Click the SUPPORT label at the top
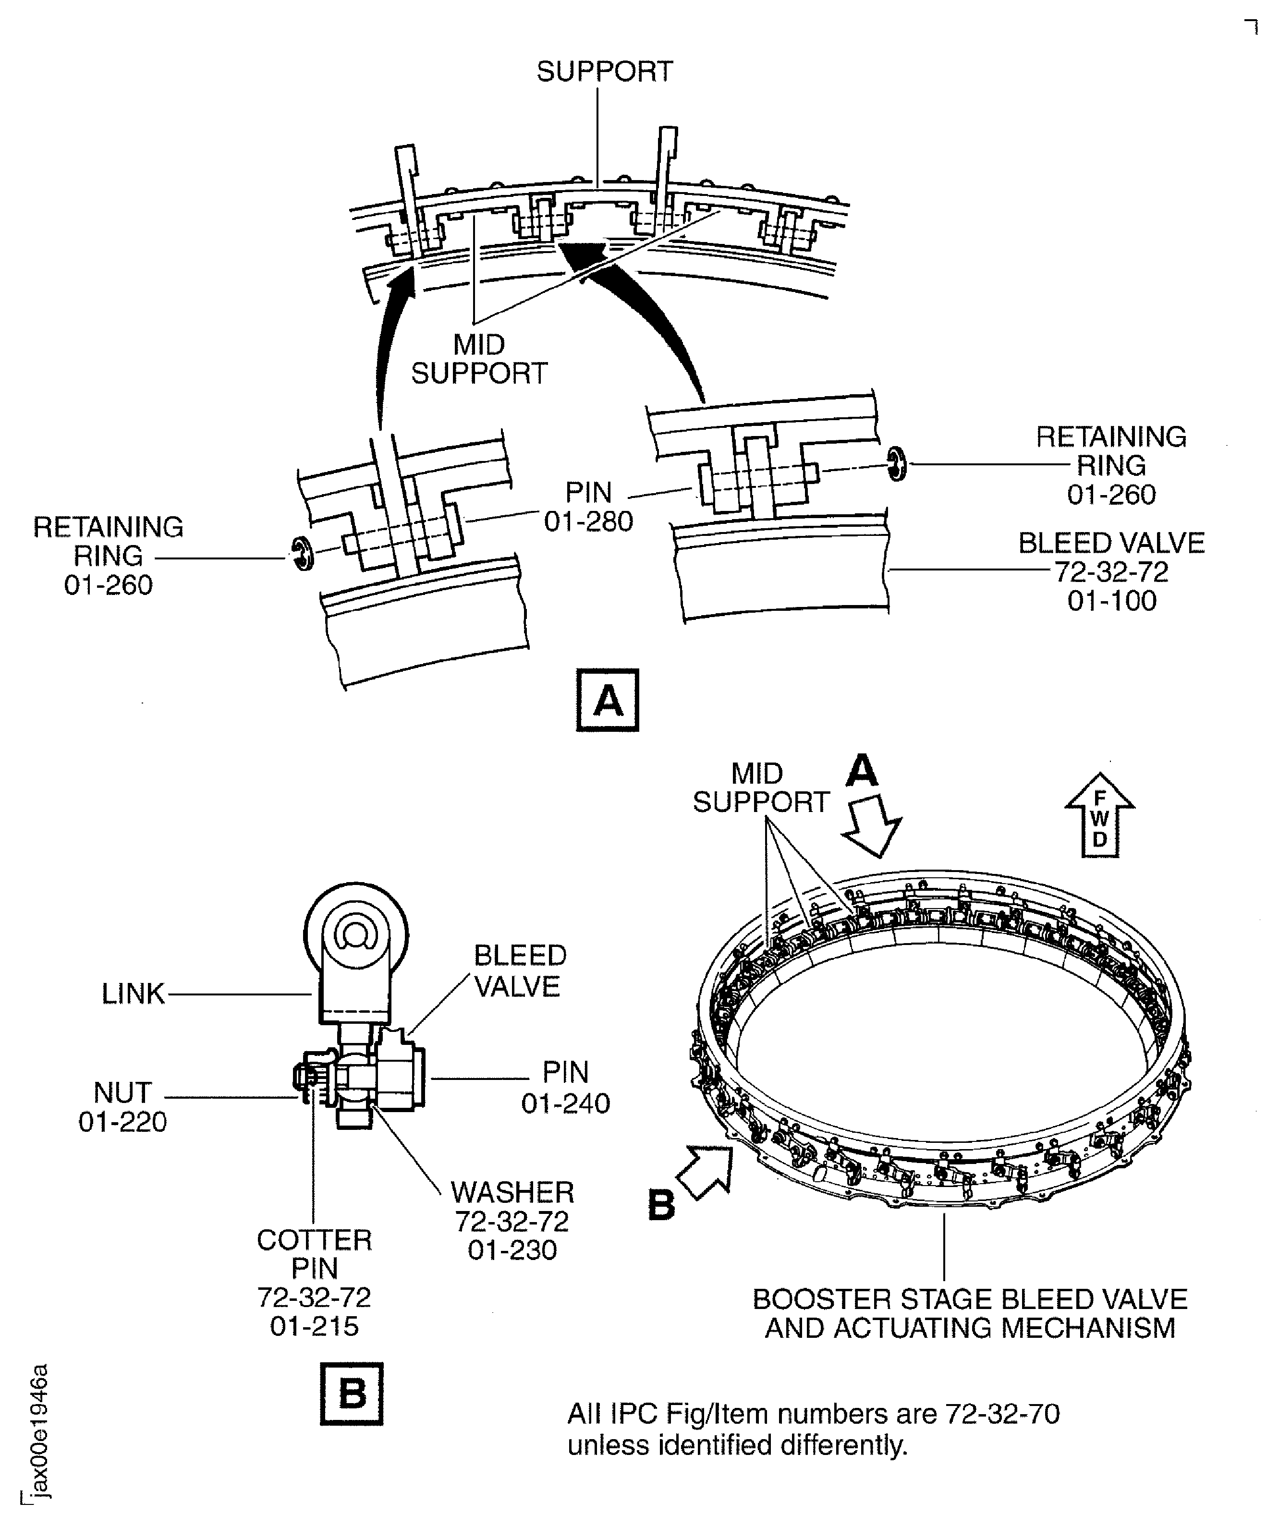[604, 71]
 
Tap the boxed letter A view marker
[607, 700]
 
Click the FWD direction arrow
[1099, 816]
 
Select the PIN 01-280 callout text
[588, 507]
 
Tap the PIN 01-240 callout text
[565, 1088]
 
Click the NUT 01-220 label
[122, 1107]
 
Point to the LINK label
[133, 994]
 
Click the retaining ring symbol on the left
[303, 555]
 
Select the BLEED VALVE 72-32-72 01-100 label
[1111, 571]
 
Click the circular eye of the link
[355, 936]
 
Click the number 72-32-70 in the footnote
[1001, 1414]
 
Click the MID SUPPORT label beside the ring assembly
[760, 788]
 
